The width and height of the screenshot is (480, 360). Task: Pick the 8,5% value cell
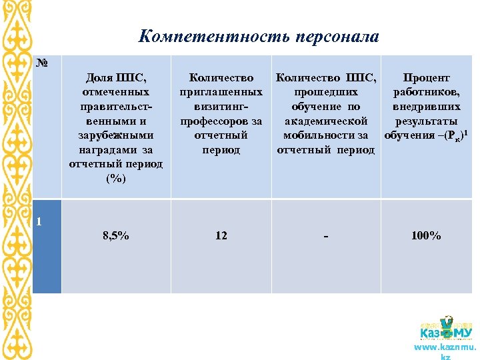point(116,235)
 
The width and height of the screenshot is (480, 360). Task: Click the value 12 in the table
point(221,235)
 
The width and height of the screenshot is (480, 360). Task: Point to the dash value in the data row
point(325,235)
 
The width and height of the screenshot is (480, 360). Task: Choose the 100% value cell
point(426,235)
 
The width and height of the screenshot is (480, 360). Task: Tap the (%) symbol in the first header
point(116,179)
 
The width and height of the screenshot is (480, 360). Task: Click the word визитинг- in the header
point(221,107)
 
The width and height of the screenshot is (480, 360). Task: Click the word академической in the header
point(326,121)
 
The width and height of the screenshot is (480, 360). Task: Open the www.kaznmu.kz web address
point(445,348)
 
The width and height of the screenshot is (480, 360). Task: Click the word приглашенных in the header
point(221,93)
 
